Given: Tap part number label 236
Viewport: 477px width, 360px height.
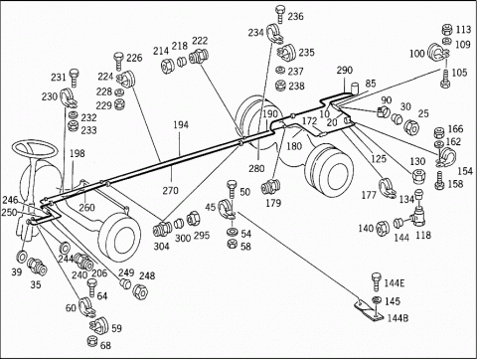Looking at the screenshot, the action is [x=295, y=16].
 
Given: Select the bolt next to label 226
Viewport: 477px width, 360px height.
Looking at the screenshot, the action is [x=119, y=61].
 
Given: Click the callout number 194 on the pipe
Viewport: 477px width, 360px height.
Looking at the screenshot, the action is [x=181, y=124].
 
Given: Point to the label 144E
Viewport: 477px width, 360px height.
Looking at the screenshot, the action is [x=395, y=283].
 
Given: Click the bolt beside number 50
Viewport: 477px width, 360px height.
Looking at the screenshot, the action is [x=232, y=189].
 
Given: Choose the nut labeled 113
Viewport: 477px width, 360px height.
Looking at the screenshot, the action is [x=447, y=30].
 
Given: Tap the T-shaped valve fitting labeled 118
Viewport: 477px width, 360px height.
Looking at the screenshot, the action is [x=419, y=216].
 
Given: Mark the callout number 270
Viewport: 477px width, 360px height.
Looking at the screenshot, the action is [x=170, y=190].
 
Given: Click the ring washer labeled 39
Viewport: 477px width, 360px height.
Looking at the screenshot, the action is [x=23, y=257].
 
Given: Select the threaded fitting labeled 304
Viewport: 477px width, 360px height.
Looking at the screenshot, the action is [x=162, y=229].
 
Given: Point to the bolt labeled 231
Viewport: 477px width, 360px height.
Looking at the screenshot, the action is [x=74, y=78].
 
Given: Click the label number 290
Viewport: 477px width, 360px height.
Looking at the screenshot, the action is [x=345, y=71].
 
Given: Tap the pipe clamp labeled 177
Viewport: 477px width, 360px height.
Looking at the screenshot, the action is [x=387, y=189].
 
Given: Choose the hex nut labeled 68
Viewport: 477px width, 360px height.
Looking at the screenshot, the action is [x=92, y=341].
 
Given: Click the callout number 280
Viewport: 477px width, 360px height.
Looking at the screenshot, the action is [x=256, y=168].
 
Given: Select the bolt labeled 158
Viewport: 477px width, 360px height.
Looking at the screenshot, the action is [x=439, y=181].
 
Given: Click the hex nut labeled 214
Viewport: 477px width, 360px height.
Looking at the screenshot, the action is [x=168, y=66].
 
